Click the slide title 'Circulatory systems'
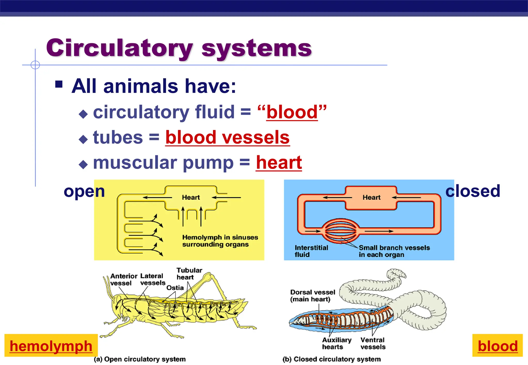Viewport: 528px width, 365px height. pyautogui.click(x=179, y=48)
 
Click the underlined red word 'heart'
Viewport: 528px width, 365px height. pyautogui.click(x=279, y=163)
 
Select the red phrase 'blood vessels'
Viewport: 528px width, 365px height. pyautogui.click(x=227, y=137)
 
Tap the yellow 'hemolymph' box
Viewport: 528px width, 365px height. pyautogui.click(x=51, y=346)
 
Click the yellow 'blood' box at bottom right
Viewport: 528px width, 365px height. pyautogui.click(x=498, y=346)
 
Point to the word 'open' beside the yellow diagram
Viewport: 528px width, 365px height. pyautogui.click(x=84, y=192)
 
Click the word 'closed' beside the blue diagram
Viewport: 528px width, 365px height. pyautogui.click(x=473, y=191)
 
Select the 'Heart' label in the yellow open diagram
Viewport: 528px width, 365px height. pyautogui.click(x=191, y=197)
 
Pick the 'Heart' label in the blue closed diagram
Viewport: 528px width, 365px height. pyautogui.click(x=372, y=197)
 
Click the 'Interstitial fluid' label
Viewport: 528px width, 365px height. pyautogui.click(x=311, y=251)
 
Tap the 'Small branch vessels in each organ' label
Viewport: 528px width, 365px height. pyautogui.click(x=394, y=251)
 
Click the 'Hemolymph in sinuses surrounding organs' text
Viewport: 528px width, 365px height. pyautogui.click(x=220, y=241)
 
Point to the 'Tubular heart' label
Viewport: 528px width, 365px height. pyautogui.click(x=189, y=274)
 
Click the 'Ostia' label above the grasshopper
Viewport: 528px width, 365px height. pyautogui.click(x=175, y=288)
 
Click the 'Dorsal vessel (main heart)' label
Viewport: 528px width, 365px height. pyautogui.click(x=312, y=296)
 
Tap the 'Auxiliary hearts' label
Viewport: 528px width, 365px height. pyautogui.click(x=336, y=343)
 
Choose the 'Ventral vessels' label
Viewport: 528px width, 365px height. pyautogui.click(x=373, y=343)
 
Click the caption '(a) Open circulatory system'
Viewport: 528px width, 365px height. pyautogui.click(x=140, y=359)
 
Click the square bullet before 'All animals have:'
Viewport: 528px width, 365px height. pyautogui.click(x=59, y=84)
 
